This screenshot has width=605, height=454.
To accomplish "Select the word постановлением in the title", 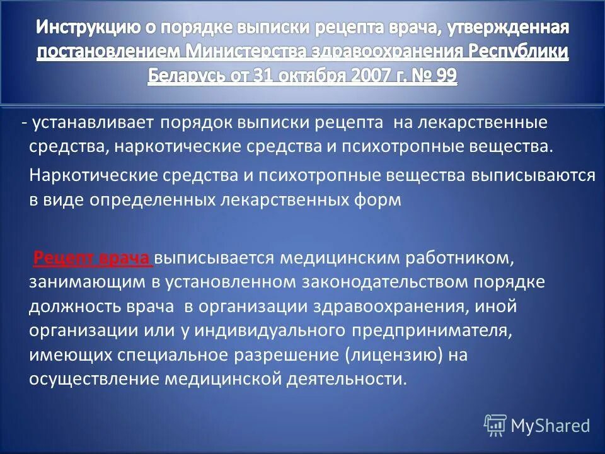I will (110, 52).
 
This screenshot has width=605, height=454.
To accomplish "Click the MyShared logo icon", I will (495, 426).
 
